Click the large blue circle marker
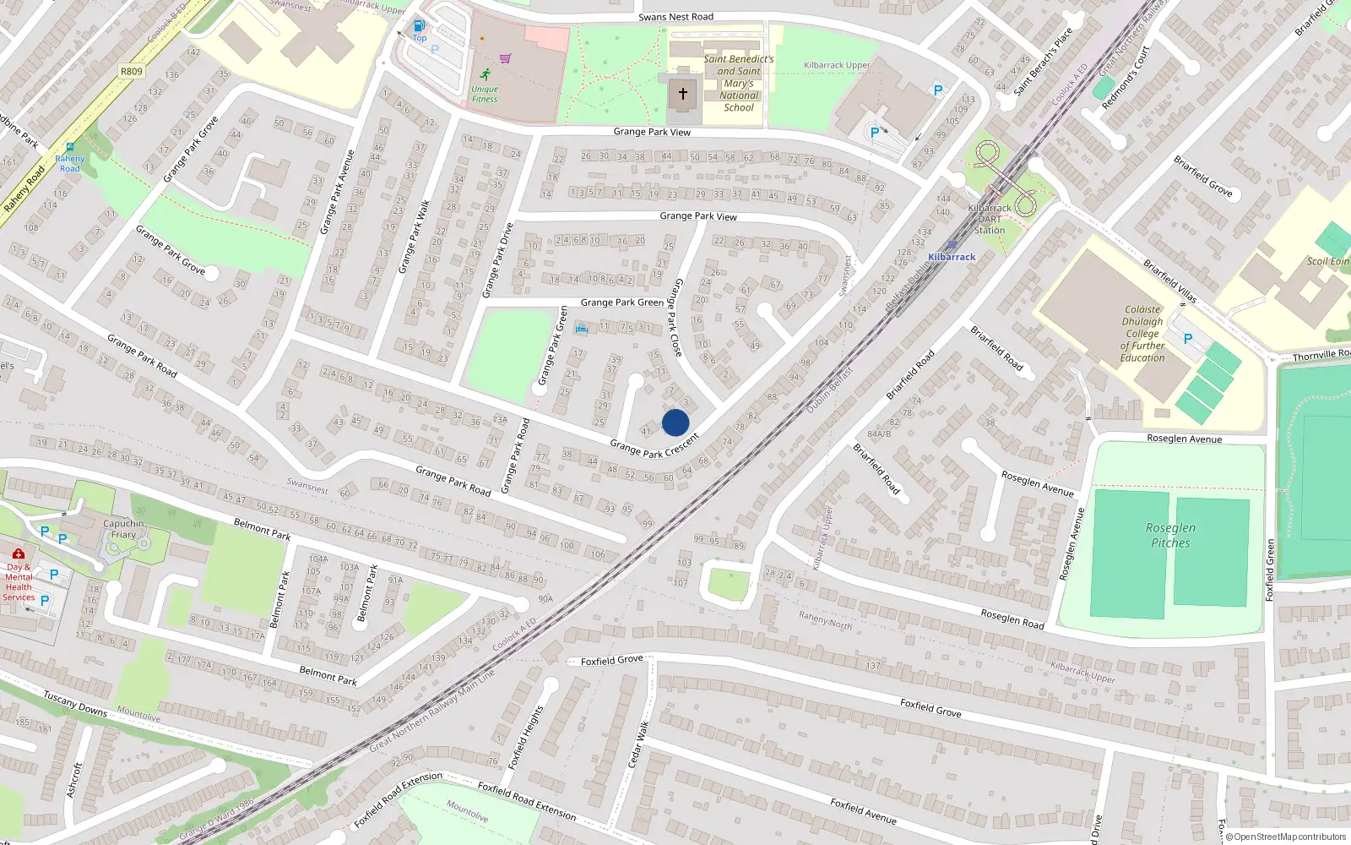point(675,422)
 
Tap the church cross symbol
point(683,94)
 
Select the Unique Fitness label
point(485,94)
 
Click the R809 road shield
point(132,71)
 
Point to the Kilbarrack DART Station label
point(990,219)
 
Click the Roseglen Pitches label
point(1170,535)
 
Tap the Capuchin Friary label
point(123,529)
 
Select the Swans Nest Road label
point(675,17)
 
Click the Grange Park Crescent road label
point(654,447)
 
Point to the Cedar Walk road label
point(638,744)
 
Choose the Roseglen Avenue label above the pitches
point(1184,439)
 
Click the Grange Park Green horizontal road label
point(621,303)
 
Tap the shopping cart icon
point(505,58)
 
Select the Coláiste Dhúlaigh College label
point(1142,334)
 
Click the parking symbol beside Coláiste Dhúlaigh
point(1188,339)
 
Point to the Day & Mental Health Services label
point(19,581)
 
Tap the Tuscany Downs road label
point(75,703)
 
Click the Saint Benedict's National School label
point(739,83)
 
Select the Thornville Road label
point(1321,355)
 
